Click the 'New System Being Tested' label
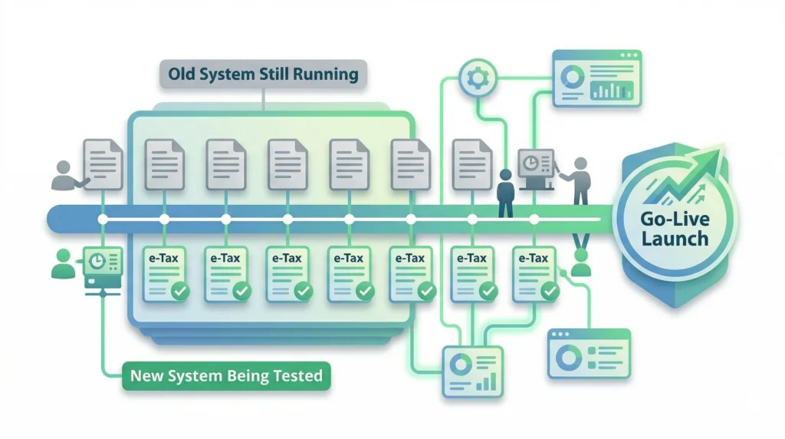click(x=226, y=377)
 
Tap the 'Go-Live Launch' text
click(x=675, y=227)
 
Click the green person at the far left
click(x=61, y=263)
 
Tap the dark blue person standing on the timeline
click(x=506, y=193)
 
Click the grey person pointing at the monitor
click(x=580, y=180)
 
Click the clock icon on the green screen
click(x=98, y=261)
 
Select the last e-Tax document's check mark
click(x=549, y=291)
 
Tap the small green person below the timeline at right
click(x=582, y=264)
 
